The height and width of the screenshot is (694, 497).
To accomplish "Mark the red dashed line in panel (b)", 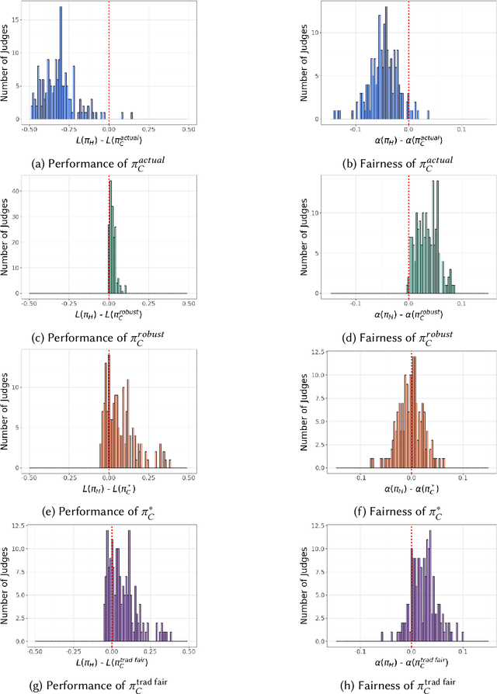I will [x=408, y=62].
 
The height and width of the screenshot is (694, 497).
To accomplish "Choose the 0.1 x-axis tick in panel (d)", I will [x=462, y=302].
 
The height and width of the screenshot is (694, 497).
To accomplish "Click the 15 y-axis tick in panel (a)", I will [x=19, y=21].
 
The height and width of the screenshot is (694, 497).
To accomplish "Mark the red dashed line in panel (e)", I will [x=109, y=411].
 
